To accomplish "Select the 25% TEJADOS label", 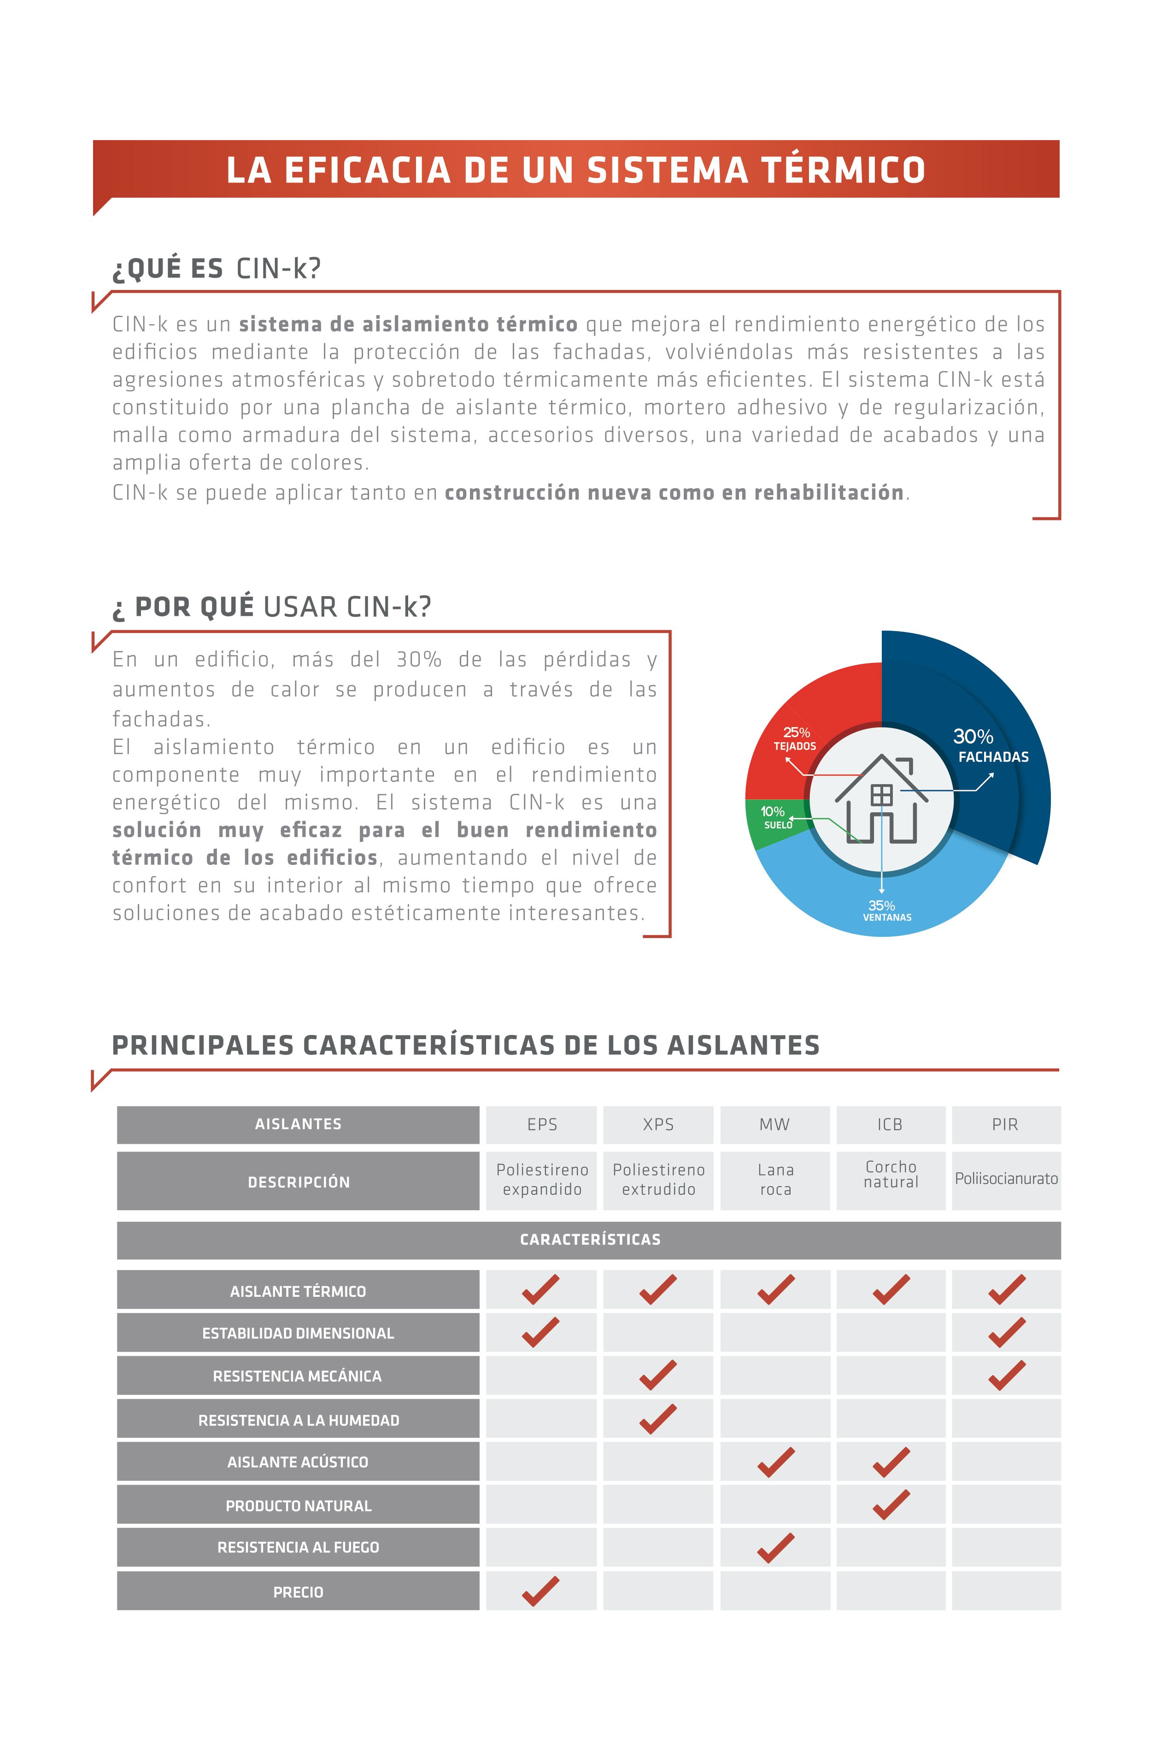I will tap(795, 739).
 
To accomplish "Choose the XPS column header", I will tap(658, 1125).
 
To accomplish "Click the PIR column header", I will tap(1005, 1125).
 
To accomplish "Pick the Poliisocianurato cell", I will tap(1005, 1179).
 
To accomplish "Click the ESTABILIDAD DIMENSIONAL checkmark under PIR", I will tap(1006, 1333).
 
